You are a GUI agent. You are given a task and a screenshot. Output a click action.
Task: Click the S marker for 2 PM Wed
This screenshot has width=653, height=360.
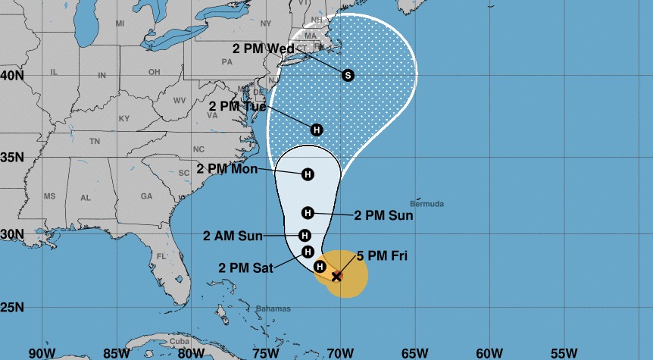pyautogui.click(x=348, y=75)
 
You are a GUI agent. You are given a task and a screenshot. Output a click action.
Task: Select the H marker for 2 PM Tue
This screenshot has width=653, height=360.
pyautogui.click(x=317, y=130)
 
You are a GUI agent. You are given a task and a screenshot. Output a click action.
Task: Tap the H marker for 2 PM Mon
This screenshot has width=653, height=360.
pyautogui.click(x=308, y=175)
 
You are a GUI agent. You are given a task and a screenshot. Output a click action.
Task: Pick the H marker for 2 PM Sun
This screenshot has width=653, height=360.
pyautogui.click(x=308, y=213)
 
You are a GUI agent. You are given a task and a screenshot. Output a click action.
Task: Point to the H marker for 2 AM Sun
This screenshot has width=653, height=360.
pyautogui.click(x=305, y=236)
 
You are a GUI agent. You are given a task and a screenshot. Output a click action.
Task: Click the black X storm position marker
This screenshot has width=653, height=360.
pyautogui.click(x=337, y=277)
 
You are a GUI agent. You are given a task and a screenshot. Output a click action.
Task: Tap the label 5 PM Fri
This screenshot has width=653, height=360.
pyautogui.click(x=382, y=256)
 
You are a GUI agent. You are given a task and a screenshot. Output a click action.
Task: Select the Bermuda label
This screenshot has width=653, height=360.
pyautogui.click(x=426, y=204)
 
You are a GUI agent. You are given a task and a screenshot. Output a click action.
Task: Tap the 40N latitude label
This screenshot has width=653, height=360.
pyautogui.click(x=12, y=76)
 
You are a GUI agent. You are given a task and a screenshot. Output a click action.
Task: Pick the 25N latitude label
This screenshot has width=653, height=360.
pyautogui.click(x=12, y=308)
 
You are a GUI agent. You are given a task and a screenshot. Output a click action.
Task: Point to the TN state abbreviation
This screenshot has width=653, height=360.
pyautogui.click(x=95, y=142)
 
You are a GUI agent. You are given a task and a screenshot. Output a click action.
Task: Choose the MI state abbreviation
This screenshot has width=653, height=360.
pyautogui.click(x=120, y=24)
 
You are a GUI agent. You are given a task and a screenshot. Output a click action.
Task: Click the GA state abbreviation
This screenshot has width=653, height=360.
pyautogui.click(x=146, y=196)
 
